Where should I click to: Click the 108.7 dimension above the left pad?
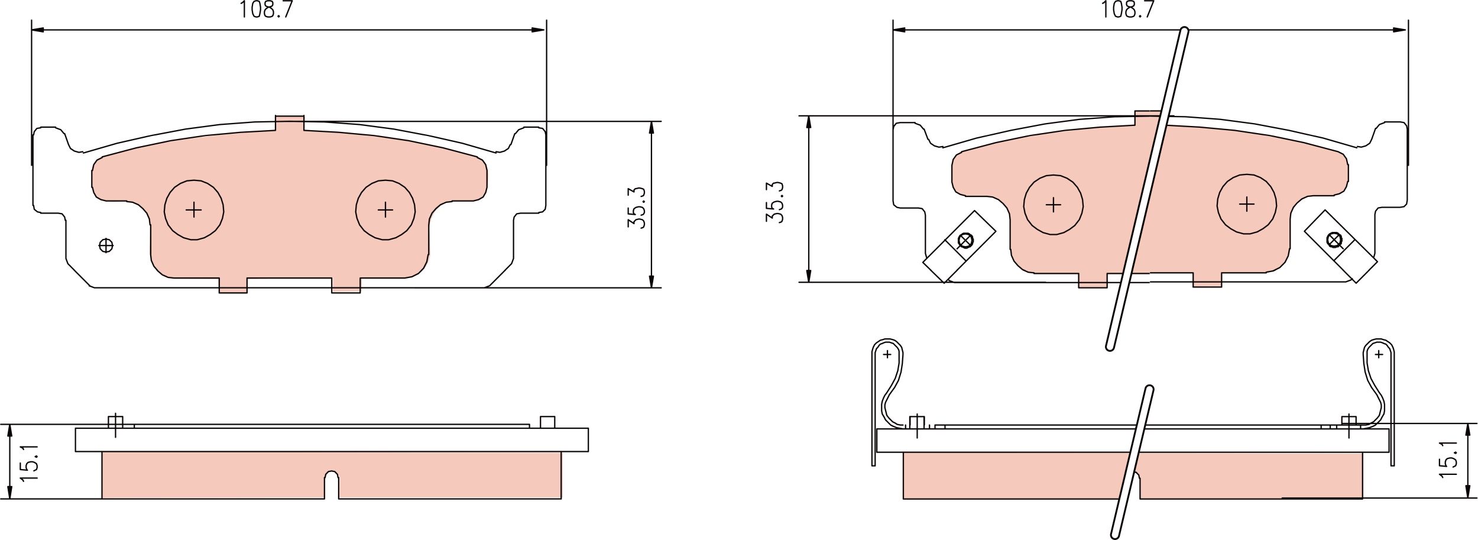[266, 9]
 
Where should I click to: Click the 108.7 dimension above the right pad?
[1127, 9]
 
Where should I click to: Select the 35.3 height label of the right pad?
[774, 202]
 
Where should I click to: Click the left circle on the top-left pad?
[194, 210]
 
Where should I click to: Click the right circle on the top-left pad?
[385, 210]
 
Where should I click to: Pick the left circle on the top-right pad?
[1054, 205]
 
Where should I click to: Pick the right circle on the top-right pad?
[1247, 204]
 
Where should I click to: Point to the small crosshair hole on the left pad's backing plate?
[106, 245]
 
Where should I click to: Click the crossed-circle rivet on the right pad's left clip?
[965, 241]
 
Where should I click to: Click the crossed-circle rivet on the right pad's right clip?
[1334, 240]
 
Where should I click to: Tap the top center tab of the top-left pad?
[290, 123]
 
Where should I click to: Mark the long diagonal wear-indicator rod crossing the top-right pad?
[1146, 189]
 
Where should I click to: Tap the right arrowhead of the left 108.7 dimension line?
[539, 30]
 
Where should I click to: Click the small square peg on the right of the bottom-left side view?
[547, 422]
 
